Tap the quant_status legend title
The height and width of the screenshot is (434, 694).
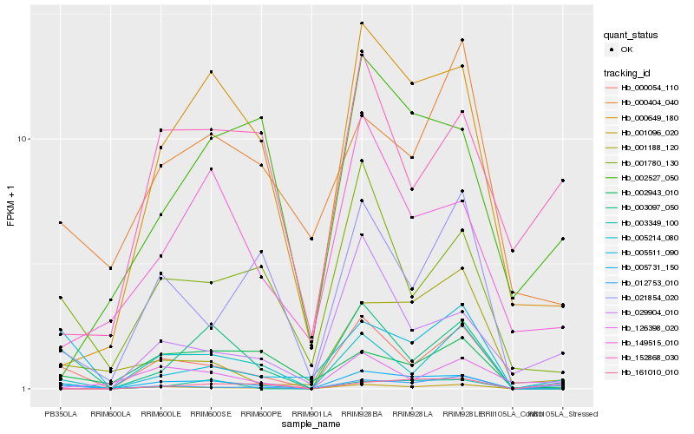632,35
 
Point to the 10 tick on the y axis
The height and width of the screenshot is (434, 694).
24,139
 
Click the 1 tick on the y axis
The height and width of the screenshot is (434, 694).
27,389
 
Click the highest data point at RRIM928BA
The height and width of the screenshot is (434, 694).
361,23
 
